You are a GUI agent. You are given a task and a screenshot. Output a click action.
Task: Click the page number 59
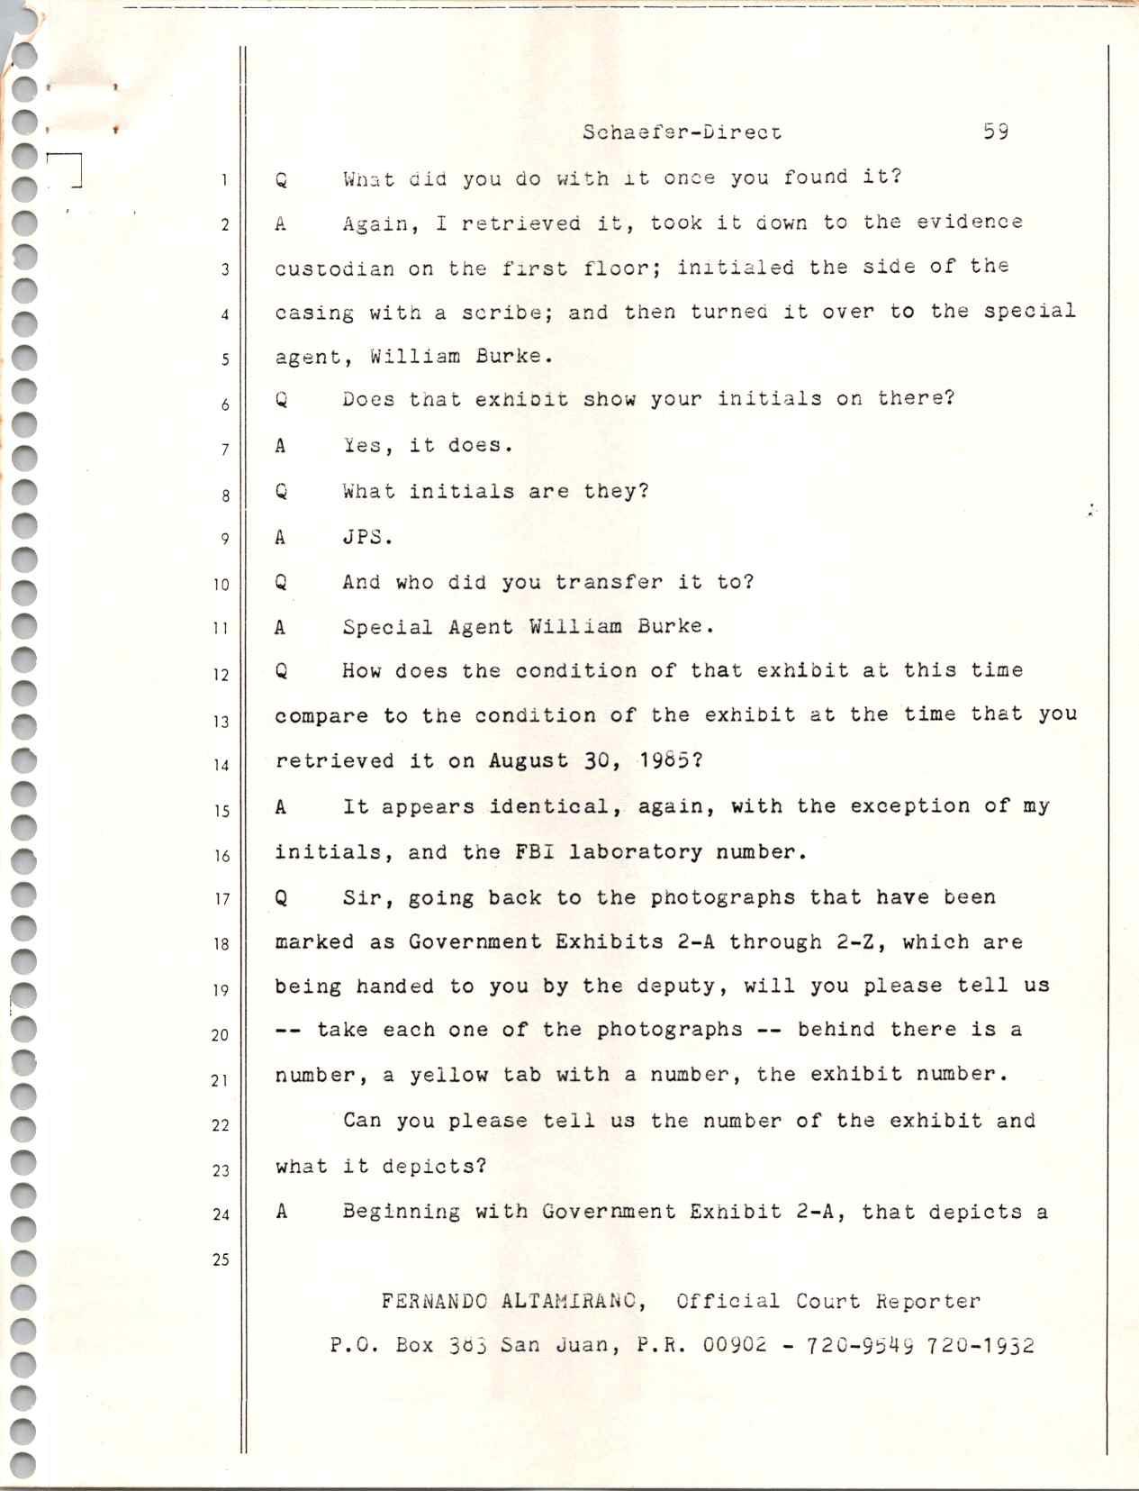point(995,132)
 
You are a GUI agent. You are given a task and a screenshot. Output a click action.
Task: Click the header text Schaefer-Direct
point(682,132)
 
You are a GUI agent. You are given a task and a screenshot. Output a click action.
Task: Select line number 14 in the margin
point(221,766)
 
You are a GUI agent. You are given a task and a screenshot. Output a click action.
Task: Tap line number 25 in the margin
point(221,1259)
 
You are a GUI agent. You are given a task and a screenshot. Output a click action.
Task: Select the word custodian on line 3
point(334,268)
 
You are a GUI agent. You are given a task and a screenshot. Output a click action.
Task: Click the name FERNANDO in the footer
point(433,1301)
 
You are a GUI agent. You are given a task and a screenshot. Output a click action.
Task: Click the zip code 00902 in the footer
point(735,1345)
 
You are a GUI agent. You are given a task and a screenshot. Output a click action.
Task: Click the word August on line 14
point(529,760)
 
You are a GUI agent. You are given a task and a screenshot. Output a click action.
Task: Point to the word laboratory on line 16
point(636,851)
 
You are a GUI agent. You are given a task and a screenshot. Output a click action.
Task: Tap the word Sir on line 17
point(363,897)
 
